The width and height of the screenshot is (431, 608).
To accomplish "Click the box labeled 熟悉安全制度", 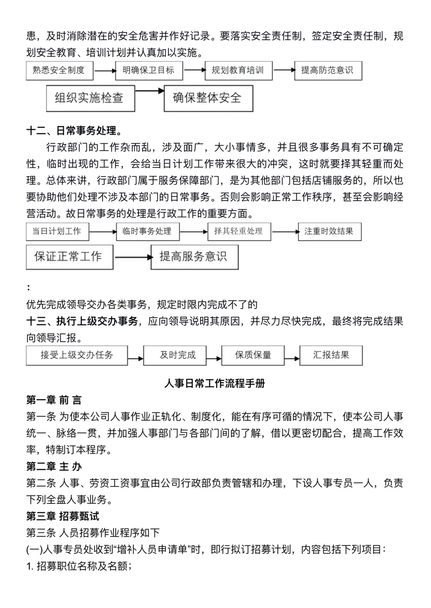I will click(x=59, y=71).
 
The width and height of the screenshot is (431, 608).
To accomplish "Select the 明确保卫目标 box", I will click(x=149, y=71).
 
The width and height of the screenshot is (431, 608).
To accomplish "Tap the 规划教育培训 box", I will click(x=238, y=71).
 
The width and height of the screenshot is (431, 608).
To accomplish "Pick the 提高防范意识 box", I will click(x=328, y=71).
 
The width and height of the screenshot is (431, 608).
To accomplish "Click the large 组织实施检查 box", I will click(x=90, y=98).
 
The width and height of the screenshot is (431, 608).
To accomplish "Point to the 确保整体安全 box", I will click(x=208, y=98).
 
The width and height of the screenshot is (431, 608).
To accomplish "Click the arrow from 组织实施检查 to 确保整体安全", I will click(x=149, y=91).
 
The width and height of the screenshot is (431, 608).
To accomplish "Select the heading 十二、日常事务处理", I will click(x=74, y=131).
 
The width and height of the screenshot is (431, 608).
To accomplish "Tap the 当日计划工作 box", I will click(x=57, y=231).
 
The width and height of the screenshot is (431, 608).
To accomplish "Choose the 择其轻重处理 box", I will click(x=239, y=231).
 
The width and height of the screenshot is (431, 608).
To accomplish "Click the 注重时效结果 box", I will click(x=329, y=231).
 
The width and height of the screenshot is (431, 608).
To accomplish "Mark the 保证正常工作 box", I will click(x=69, y=257).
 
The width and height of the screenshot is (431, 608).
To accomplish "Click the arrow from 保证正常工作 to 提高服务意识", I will click(x=132, y=257).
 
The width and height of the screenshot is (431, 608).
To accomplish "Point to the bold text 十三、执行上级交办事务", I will click(x=82, y=321).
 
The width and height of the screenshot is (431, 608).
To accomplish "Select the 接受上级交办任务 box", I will click(x=77, y=355).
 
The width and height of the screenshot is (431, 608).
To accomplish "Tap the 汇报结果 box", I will click(x=331, y=355).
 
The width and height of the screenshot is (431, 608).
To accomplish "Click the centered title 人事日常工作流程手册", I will click(x=215, y=383).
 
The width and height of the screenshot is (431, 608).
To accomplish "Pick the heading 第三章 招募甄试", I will click(x=63, y=516).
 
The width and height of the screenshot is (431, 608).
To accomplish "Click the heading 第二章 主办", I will click(x=54, y=466).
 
